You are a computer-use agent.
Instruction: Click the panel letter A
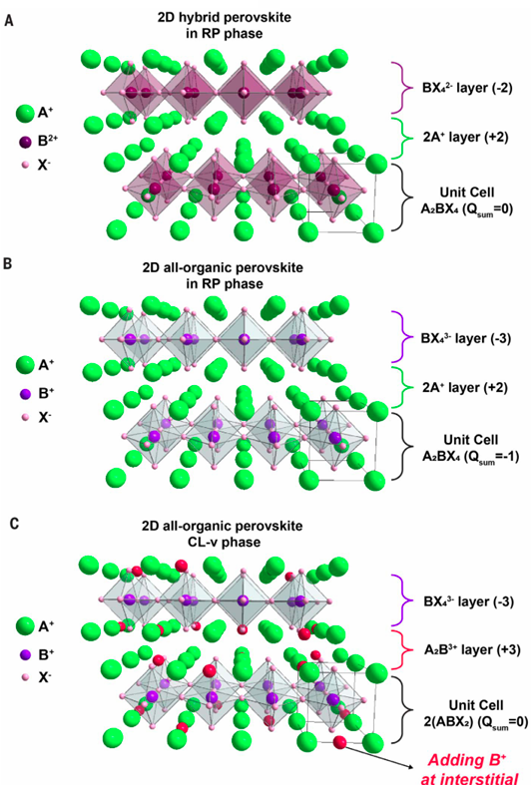click(x=9, y=21)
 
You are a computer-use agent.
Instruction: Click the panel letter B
click(x=8, y=263)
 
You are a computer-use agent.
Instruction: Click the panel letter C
click(x=14, y=524)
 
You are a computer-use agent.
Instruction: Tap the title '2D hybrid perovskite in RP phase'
click(x=224, y=26)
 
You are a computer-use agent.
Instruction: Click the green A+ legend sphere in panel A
click(x=25, y=114)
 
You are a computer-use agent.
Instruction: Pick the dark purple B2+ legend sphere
click(x=25, y=142)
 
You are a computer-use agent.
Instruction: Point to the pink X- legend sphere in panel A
click(x=25, y=166)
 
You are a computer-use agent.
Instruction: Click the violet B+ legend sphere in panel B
click(x=25, y=395)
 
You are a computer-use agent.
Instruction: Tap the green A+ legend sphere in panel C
click(x=25, y=626)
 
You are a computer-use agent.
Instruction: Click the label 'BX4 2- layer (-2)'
click(x=467, y=88)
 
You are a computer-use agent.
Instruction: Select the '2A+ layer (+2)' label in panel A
click(x=465, y=137)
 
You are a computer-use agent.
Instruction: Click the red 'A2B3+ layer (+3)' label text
click(x=472, y=649)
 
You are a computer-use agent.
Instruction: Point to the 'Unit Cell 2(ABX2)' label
click(x=474, y=713)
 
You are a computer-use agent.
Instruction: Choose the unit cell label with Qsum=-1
click(x=470, y=448)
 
